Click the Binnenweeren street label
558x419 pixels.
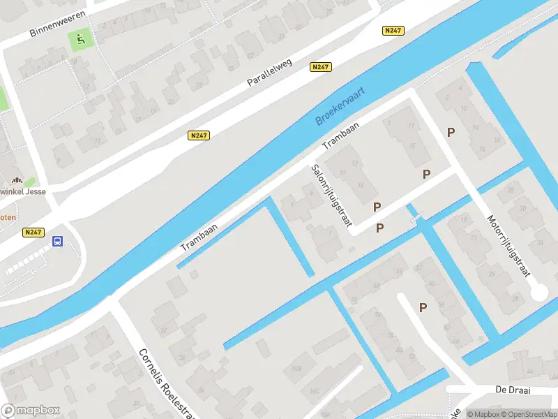point(58,24)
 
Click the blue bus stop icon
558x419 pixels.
point(57,242)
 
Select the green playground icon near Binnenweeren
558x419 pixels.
point(82,41)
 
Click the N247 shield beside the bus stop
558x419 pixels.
point(33,233)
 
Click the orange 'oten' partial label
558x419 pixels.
point(8,217)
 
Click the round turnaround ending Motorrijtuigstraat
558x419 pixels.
point(538,293)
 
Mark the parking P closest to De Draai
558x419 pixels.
point(423,307)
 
